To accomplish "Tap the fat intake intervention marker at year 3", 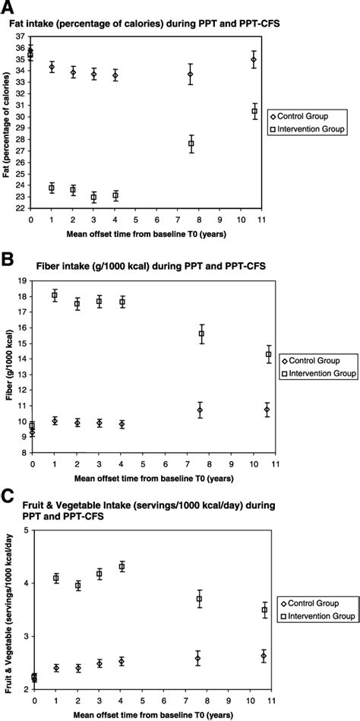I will point(94,197).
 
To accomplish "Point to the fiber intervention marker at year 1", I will point(55,296).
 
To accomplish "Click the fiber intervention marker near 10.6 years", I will point(268,355).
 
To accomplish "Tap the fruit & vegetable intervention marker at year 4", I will point(122,567).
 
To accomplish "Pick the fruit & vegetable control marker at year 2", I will point(77,668).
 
